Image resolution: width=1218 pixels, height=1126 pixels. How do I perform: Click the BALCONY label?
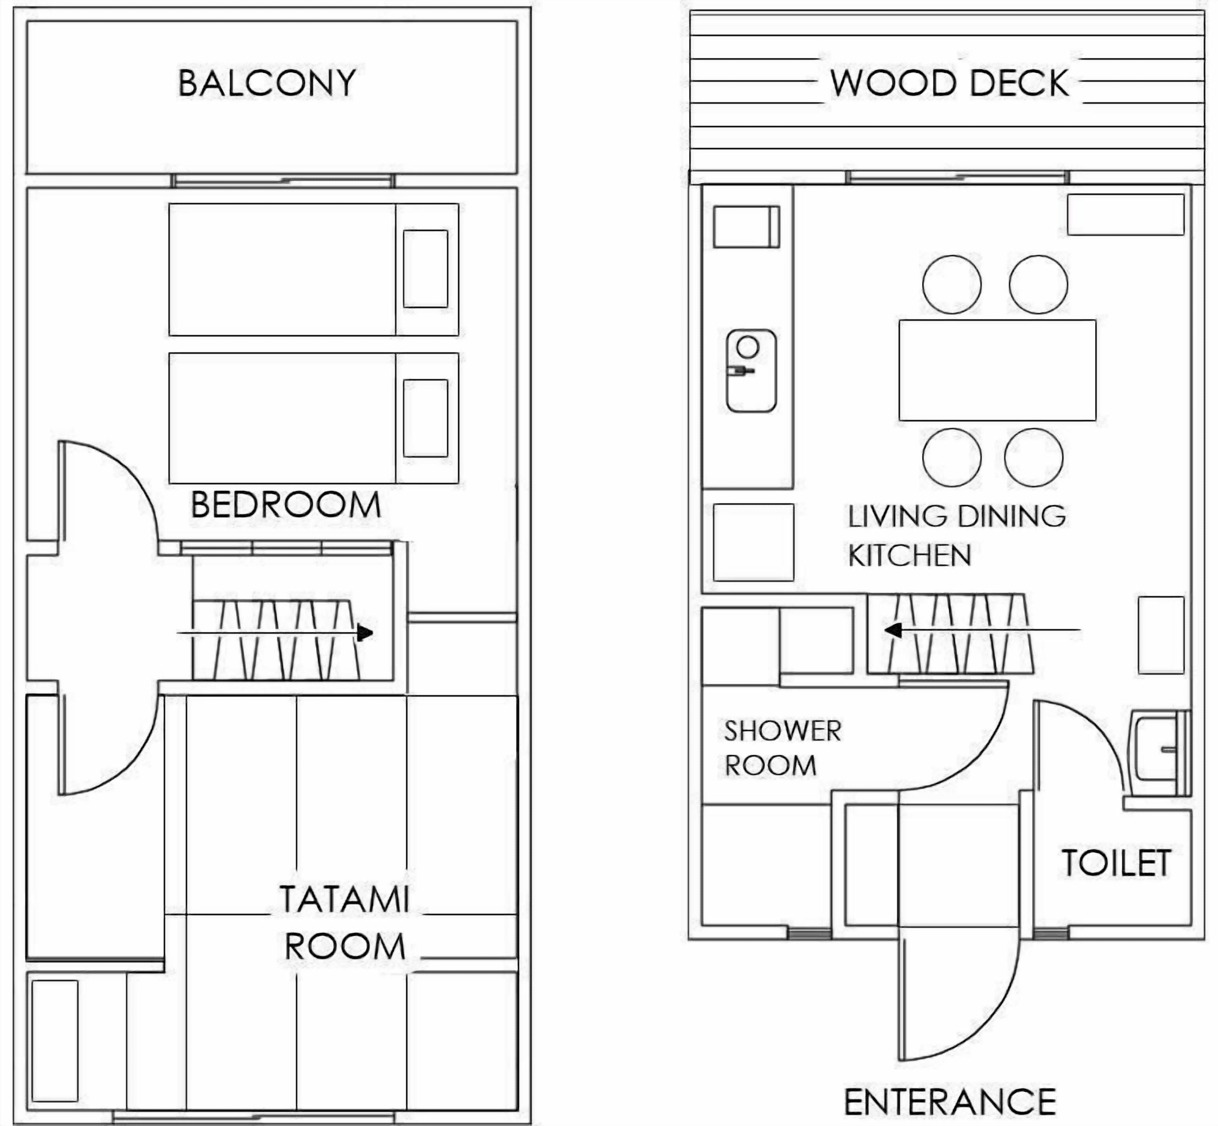(267, 83)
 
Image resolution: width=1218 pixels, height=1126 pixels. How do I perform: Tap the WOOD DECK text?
(949, 83)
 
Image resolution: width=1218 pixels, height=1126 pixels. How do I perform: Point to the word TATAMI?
(344, 899)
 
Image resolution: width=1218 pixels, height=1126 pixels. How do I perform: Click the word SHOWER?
(783, 731)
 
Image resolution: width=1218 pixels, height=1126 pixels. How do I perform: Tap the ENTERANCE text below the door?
(950, 1102)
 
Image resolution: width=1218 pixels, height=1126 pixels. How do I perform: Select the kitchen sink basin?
(751, 371)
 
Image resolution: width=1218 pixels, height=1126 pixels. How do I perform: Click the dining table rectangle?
(997, 370)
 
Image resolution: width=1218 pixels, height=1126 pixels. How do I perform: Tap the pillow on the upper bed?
(426, 269)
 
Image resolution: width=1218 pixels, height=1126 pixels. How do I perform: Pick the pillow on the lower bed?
(426, 418)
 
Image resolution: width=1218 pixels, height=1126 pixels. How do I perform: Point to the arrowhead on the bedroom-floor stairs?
(365, 633)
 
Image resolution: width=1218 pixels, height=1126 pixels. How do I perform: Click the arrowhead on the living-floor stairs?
(893, 630)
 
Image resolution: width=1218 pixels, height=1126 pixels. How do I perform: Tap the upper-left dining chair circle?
(952, 285)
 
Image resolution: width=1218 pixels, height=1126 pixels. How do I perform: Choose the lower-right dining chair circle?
(1034, 458)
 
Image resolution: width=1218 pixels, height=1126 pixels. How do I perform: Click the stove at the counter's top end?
(747, 227)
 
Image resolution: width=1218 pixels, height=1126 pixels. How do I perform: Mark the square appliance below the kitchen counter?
(753, 542)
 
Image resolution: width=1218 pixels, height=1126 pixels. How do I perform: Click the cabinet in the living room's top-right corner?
(1125, 215)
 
